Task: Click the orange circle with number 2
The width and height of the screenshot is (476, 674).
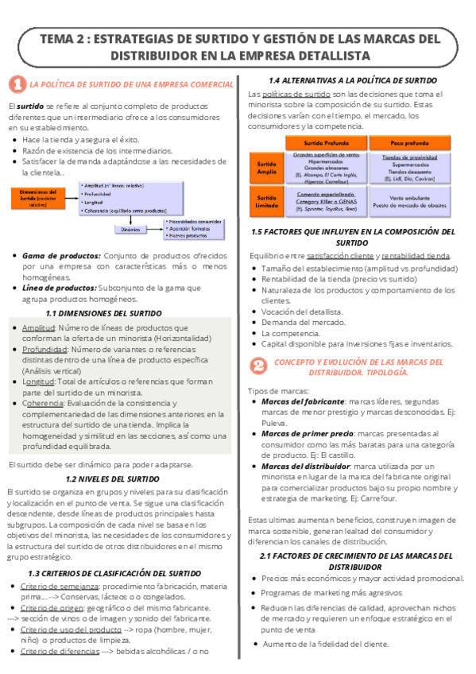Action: coord(258,366)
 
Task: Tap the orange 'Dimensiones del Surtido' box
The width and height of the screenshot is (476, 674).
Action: coord(37,199)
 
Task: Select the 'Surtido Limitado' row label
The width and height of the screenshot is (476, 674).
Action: coord(267,201)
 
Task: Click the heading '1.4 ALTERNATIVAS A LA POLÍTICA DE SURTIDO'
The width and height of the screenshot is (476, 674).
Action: coord(352,80)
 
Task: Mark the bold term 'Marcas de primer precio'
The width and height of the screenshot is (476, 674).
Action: coord(306,433)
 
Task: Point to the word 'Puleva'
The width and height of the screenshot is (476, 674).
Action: coord(274,423)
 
